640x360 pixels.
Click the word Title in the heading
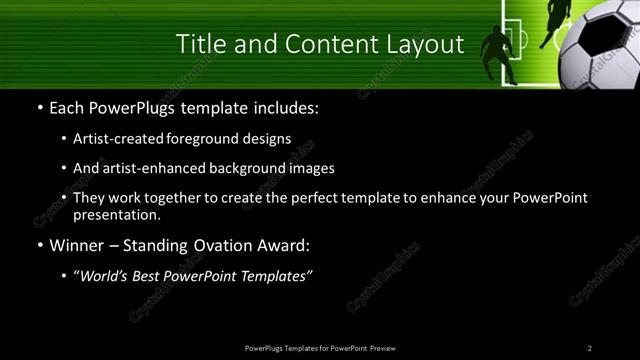pos(200,44)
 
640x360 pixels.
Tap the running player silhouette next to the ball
pos(554,24)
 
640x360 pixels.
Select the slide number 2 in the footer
pos(590,348)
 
